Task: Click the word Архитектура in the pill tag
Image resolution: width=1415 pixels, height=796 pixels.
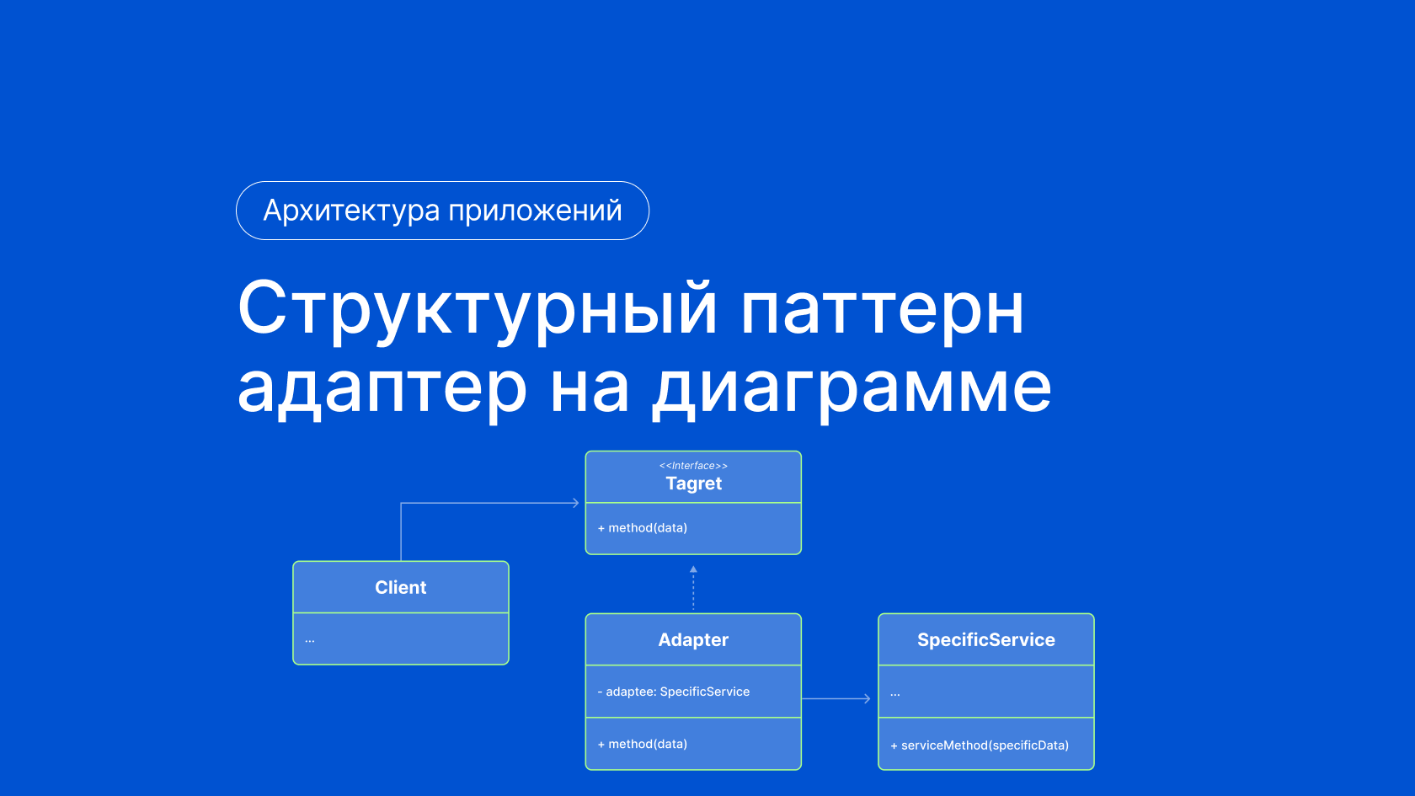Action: tap(351, 211)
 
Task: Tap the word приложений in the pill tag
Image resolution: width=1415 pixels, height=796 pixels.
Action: tap(535, 211)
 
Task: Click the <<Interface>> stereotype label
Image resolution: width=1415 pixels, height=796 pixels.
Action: tap(693, 466)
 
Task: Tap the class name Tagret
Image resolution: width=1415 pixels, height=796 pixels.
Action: tap(693, 483)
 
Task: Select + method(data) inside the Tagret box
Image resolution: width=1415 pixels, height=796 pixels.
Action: tap(643, 527)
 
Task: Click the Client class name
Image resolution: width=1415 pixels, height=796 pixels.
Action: tap(401, 588)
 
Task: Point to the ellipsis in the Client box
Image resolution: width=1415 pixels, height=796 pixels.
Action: tap(310, 641)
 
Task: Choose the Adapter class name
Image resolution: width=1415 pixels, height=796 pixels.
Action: tap(693, 640)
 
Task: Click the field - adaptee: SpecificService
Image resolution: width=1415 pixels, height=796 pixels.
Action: tap(674, 692)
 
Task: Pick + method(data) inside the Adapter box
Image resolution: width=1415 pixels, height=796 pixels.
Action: tap(643, 745)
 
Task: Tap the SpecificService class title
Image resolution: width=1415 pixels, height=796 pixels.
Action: tap(986, 640)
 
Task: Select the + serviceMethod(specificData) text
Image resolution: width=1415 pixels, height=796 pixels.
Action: tap(980, 745)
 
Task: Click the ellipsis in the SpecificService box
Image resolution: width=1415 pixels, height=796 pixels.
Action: tap(895, 695)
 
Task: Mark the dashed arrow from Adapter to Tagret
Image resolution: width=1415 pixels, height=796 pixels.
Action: tap(693, 588)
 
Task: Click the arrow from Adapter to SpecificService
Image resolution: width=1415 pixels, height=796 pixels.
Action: tap(836, 699)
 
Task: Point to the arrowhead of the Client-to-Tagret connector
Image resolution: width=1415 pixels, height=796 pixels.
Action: tap(576, 503)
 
